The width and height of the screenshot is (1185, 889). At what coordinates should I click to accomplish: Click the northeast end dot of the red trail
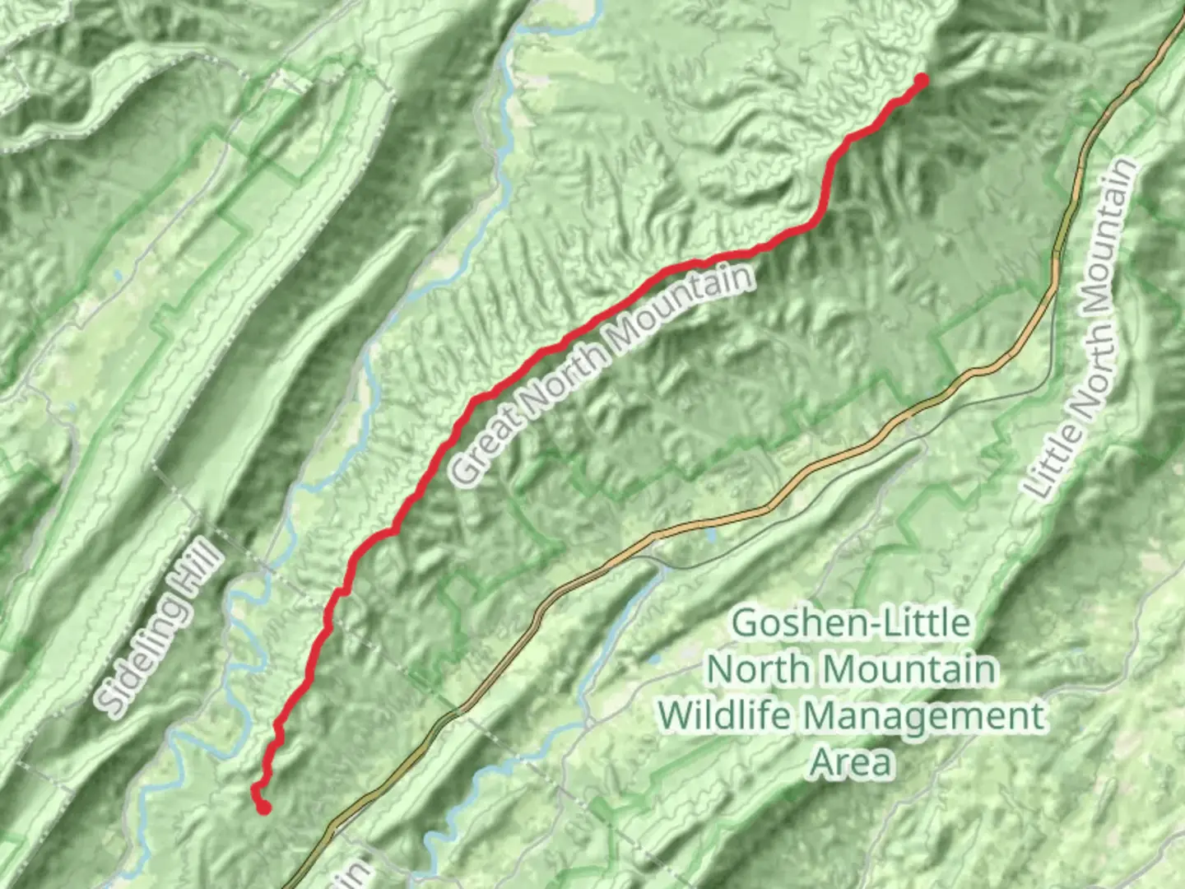pos(921,80)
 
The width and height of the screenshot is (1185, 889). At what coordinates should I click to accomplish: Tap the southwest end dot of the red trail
pos(263,808)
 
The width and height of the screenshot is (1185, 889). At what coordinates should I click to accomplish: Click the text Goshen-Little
pos(851,623)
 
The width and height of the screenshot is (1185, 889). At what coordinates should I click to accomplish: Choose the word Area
pos(851,762)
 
